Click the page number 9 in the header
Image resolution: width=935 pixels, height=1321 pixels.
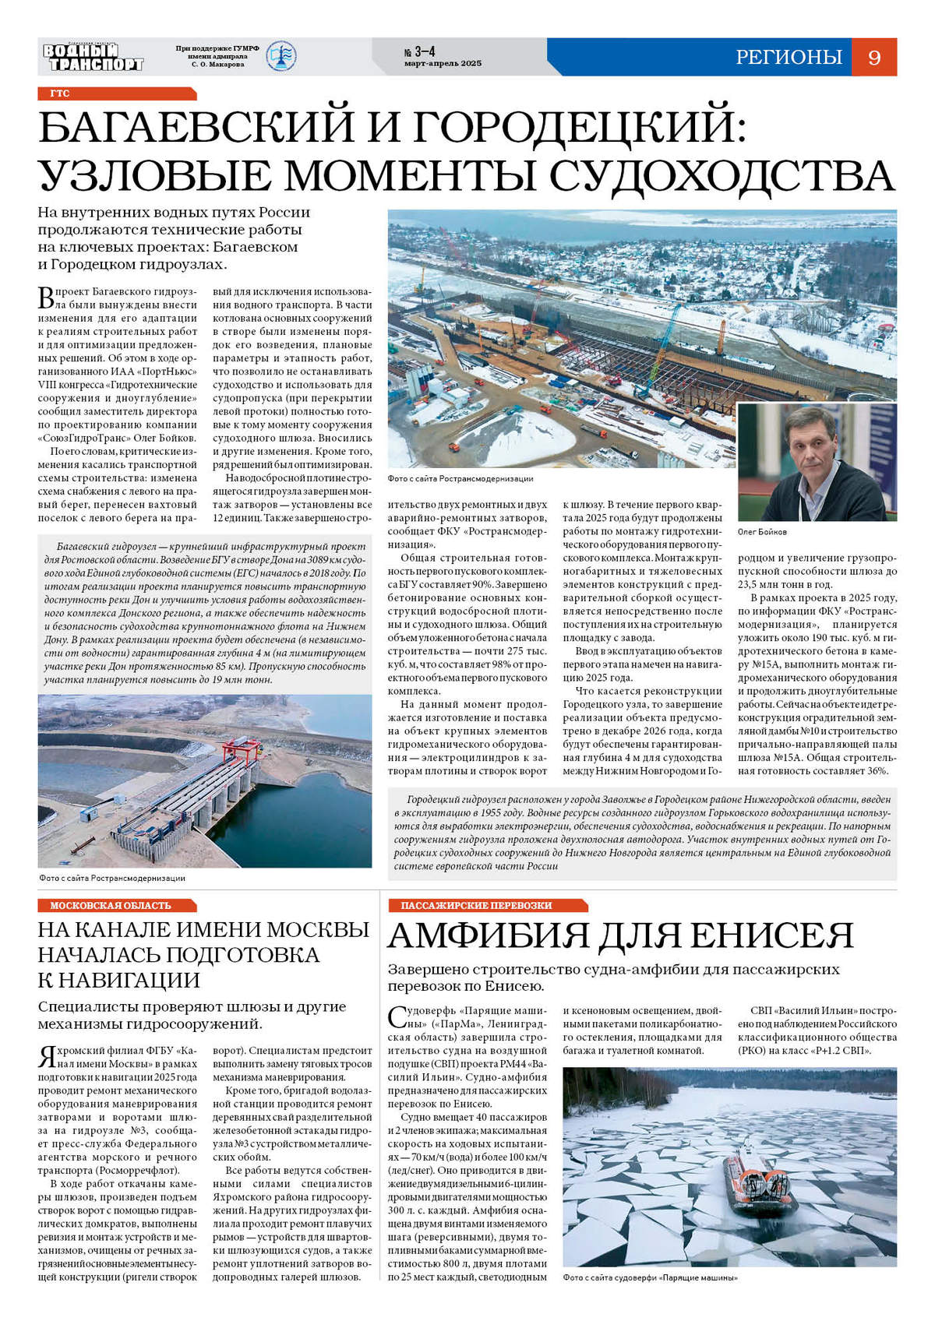(874, 57)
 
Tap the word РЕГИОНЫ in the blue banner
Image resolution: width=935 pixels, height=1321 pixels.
(789, 57)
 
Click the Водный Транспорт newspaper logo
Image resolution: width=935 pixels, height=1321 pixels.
(93, 57)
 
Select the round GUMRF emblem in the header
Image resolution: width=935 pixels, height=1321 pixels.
(281, 57)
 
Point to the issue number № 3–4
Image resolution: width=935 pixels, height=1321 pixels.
(419, 51)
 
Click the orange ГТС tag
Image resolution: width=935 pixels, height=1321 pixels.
(61, 93)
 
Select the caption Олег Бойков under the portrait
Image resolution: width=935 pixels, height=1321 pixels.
(762, 532)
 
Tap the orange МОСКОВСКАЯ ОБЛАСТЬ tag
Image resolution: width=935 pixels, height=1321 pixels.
(111, 905)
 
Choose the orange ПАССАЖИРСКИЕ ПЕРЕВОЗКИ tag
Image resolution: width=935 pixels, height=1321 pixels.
(476, 905)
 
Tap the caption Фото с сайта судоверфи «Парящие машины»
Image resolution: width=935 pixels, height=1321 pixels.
(650, 1278)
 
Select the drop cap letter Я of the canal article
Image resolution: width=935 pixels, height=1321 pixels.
(46, 1057)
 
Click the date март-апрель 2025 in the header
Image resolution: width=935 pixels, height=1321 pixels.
(443, 64)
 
